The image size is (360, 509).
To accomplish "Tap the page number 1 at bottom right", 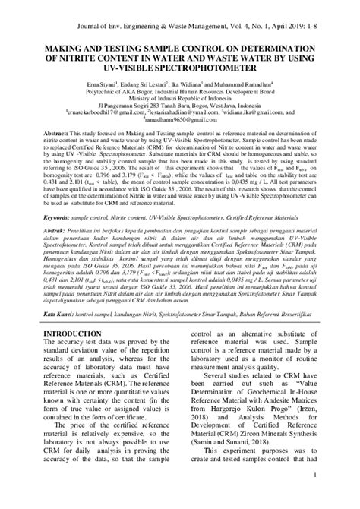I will tap(314, 496).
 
